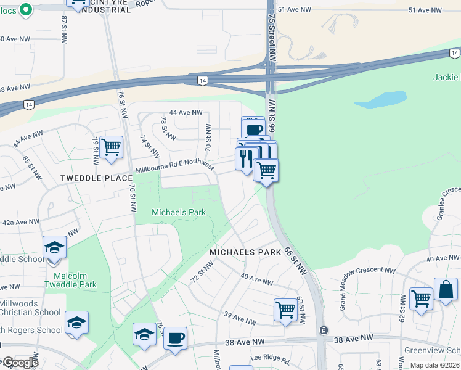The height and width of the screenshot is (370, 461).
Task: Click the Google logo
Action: coord(20,363)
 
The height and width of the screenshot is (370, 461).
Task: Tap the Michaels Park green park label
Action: coord(179,213)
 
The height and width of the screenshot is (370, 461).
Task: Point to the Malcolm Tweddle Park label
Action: coord(70,280)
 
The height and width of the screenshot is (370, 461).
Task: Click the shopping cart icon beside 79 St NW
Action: coord(111,147)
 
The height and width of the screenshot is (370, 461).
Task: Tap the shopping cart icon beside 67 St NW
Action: coord(285,310)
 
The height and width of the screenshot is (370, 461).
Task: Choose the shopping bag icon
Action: coord(446,289)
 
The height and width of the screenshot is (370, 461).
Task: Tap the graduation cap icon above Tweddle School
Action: coord(55,248)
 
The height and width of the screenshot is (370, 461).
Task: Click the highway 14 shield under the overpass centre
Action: coord(202,80)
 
